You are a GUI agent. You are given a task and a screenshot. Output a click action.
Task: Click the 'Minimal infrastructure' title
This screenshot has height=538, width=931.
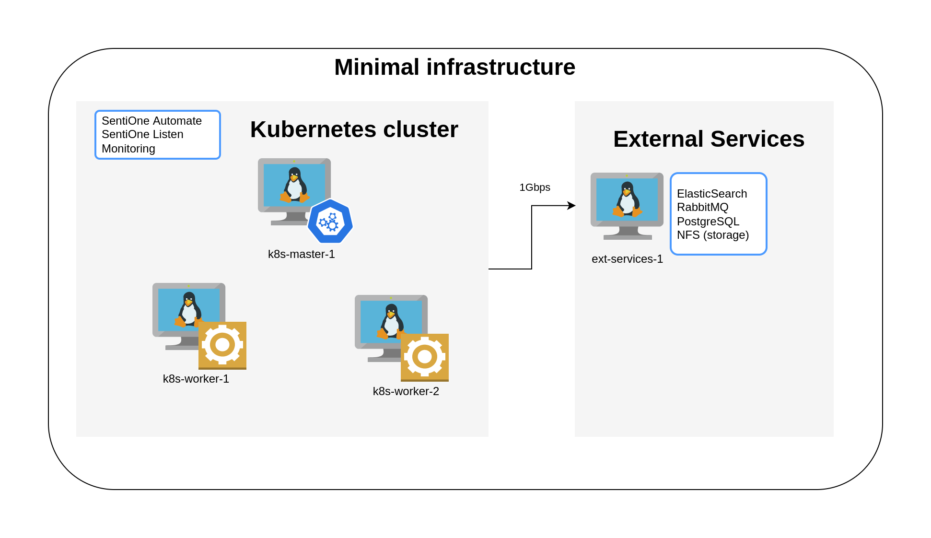[x=454, y=67]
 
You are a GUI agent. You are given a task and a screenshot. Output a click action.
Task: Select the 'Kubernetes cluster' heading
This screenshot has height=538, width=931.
[x=354, y=129]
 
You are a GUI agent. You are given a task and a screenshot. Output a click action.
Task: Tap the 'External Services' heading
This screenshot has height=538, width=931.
[x=709, y=139]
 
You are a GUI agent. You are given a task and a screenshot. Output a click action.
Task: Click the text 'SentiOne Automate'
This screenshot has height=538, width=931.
[x=151, y=121]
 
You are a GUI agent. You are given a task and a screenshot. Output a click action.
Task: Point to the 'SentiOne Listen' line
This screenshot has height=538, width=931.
[x=142, y=134]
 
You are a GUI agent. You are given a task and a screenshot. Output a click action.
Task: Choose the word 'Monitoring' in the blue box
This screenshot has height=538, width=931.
[x=128, y=149]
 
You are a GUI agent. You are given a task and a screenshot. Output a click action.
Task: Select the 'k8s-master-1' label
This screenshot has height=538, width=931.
[x=301, y=254]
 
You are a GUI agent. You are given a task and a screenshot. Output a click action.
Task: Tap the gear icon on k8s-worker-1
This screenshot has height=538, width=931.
[x=222, y=345]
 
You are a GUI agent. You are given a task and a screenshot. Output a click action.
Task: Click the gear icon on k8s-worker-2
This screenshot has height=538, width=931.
[x=425, y=357]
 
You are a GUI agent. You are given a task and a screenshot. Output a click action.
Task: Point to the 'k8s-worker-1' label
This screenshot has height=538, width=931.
[x=196, y=379]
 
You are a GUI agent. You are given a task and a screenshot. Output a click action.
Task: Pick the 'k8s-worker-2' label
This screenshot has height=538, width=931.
[x=406, y=391]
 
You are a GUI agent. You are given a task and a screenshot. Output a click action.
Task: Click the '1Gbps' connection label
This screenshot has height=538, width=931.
[x=535, y=187]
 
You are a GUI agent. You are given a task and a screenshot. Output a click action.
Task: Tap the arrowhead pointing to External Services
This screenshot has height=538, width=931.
[x=571, y=206]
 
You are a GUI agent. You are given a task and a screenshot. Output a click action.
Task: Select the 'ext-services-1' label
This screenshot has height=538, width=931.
[x=627, y=259]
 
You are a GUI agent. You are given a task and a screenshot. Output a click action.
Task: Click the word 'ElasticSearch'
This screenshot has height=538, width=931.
[x=712, y=194]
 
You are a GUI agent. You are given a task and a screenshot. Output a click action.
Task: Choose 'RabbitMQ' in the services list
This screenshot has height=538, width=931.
[x=702, y=207]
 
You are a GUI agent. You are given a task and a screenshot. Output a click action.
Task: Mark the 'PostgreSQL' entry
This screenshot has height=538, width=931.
[x=708, y=222]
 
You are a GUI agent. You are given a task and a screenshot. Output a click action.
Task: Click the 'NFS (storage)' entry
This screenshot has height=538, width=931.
[x=713, y=235]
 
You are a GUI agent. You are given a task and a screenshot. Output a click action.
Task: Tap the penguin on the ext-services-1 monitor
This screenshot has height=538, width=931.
[x=627, y=199]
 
